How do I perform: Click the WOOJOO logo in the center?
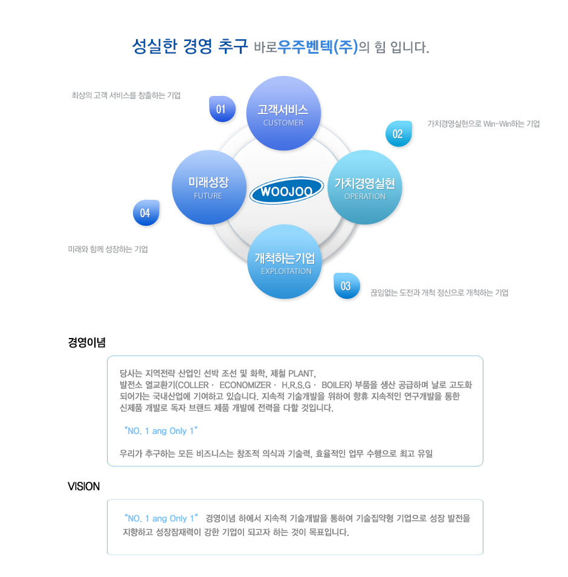(286, 192)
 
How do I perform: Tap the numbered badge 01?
(221, 109)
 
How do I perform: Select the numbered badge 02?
(398, 134)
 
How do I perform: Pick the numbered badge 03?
(346, 286)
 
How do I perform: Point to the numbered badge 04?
(146, 213)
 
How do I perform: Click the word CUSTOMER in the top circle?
(283, 123)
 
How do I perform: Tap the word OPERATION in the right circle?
(365, 196)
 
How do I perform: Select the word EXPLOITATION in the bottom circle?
(286, 271)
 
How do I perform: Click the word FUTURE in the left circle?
(208, 196)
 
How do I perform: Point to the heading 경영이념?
(86, 343)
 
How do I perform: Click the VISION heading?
(83, 486)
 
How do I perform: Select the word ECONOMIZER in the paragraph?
(245, 384)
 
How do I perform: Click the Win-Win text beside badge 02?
(497, 124)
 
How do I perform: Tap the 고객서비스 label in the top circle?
(283, 110)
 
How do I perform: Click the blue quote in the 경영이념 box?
(160, 431)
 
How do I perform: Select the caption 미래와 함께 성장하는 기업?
(108, 249)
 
